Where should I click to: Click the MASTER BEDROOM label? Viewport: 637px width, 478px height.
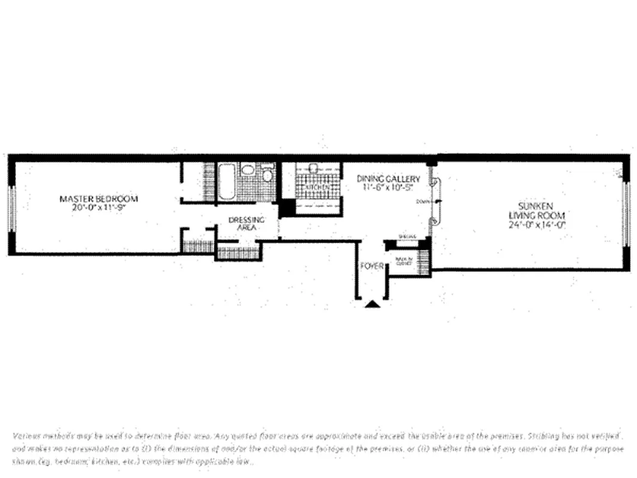(99, 198)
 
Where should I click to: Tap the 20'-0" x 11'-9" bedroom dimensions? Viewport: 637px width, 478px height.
(99, 209)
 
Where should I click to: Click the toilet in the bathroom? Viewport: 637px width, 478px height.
(267, 175)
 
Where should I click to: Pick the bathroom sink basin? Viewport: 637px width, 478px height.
(248, 169)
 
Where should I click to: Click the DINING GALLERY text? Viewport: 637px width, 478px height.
(388, 179)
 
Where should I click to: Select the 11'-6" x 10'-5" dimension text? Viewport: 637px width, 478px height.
(388, 188)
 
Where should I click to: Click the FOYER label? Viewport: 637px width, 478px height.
(371, 266)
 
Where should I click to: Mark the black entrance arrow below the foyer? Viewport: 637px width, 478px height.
(373, 304)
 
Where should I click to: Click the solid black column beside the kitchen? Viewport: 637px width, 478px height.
(287, 209)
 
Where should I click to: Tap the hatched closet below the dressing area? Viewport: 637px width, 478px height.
(238, 253)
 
